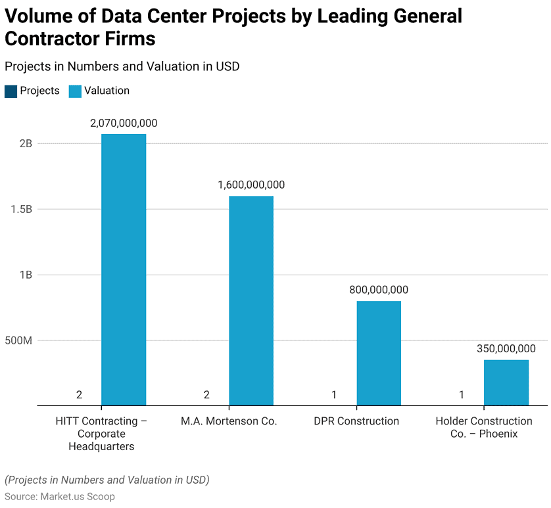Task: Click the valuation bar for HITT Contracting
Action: (x=124, y=269)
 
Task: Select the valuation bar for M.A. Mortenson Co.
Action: (x=251, y=300)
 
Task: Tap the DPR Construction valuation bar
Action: (x=379, y=353)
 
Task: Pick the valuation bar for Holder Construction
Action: (x=506, y=382)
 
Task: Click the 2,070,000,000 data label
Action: (x=124, y=123)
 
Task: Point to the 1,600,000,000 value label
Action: (x=251, y=185)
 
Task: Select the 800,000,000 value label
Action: (x=379, y=290)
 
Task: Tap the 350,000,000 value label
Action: (x=506, y=348)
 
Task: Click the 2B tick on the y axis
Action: (x=25, y=143)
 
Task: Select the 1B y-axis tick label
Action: (x=25, y=275)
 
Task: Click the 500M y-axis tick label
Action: (x=18, y=340)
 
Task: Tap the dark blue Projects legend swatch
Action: (x=11, y=91)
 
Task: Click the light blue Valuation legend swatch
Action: (x=75, y=91)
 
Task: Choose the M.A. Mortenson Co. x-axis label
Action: (x=229, y=421)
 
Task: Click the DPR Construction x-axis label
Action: (x=356, y=421)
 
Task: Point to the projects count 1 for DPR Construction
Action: (x=334, y=394)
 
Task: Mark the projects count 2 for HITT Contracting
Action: (x=79, y=394)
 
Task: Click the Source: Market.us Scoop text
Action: (x=60, y=496)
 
